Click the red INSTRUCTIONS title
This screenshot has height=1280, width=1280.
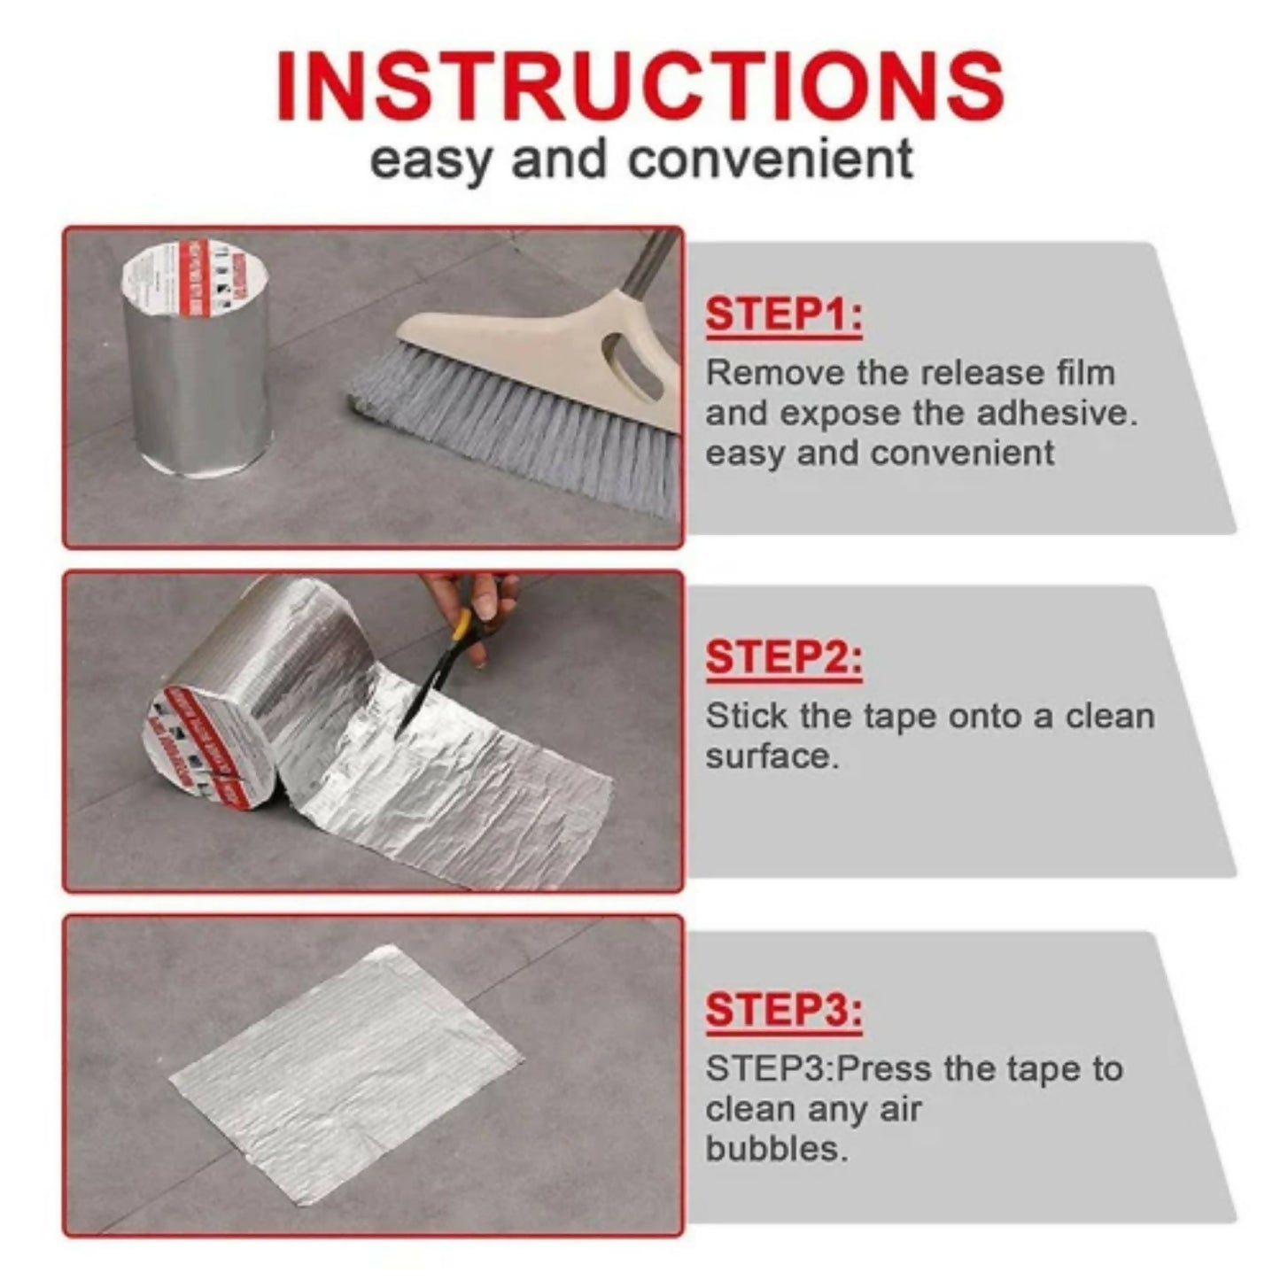640,86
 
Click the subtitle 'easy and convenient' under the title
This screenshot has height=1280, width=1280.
640,161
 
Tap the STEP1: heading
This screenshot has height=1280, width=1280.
783,315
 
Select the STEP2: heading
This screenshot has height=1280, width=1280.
783,658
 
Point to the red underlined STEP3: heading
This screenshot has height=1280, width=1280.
783,1010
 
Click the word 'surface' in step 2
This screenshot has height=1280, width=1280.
768,756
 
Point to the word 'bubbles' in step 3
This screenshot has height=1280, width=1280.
774,1149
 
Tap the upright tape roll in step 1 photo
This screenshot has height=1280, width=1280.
195,363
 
